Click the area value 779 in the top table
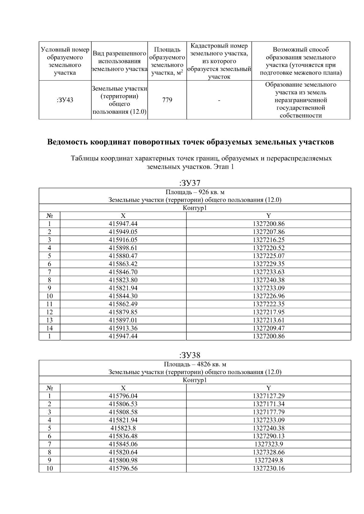pos(167,100)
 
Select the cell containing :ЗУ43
pos(65,100)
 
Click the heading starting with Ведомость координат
pos(190,142)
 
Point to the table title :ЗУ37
pos(190,183)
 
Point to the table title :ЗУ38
pos(190,355)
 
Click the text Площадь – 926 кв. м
pos(195,192)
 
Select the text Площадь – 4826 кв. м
pos(195,364)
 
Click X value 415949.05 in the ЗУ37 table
pos(123,232)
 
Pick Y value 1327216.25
pos(269,240)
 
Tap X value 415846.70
pos(123,272)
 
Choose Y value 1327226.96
pos(269,296)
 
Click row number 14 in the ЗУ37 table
pos(49,328)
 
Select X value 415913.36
pos(123,328)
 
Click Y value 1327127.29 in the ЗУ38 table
pos(269,396)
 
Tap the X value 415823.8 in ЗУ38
pos(123,428)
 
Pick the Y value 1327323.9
pos(269,444)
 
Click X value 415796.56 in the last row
pos(123,468)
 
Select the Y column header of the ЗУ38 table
pos(269,388)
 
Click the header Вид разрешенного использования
pos(120,61)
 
